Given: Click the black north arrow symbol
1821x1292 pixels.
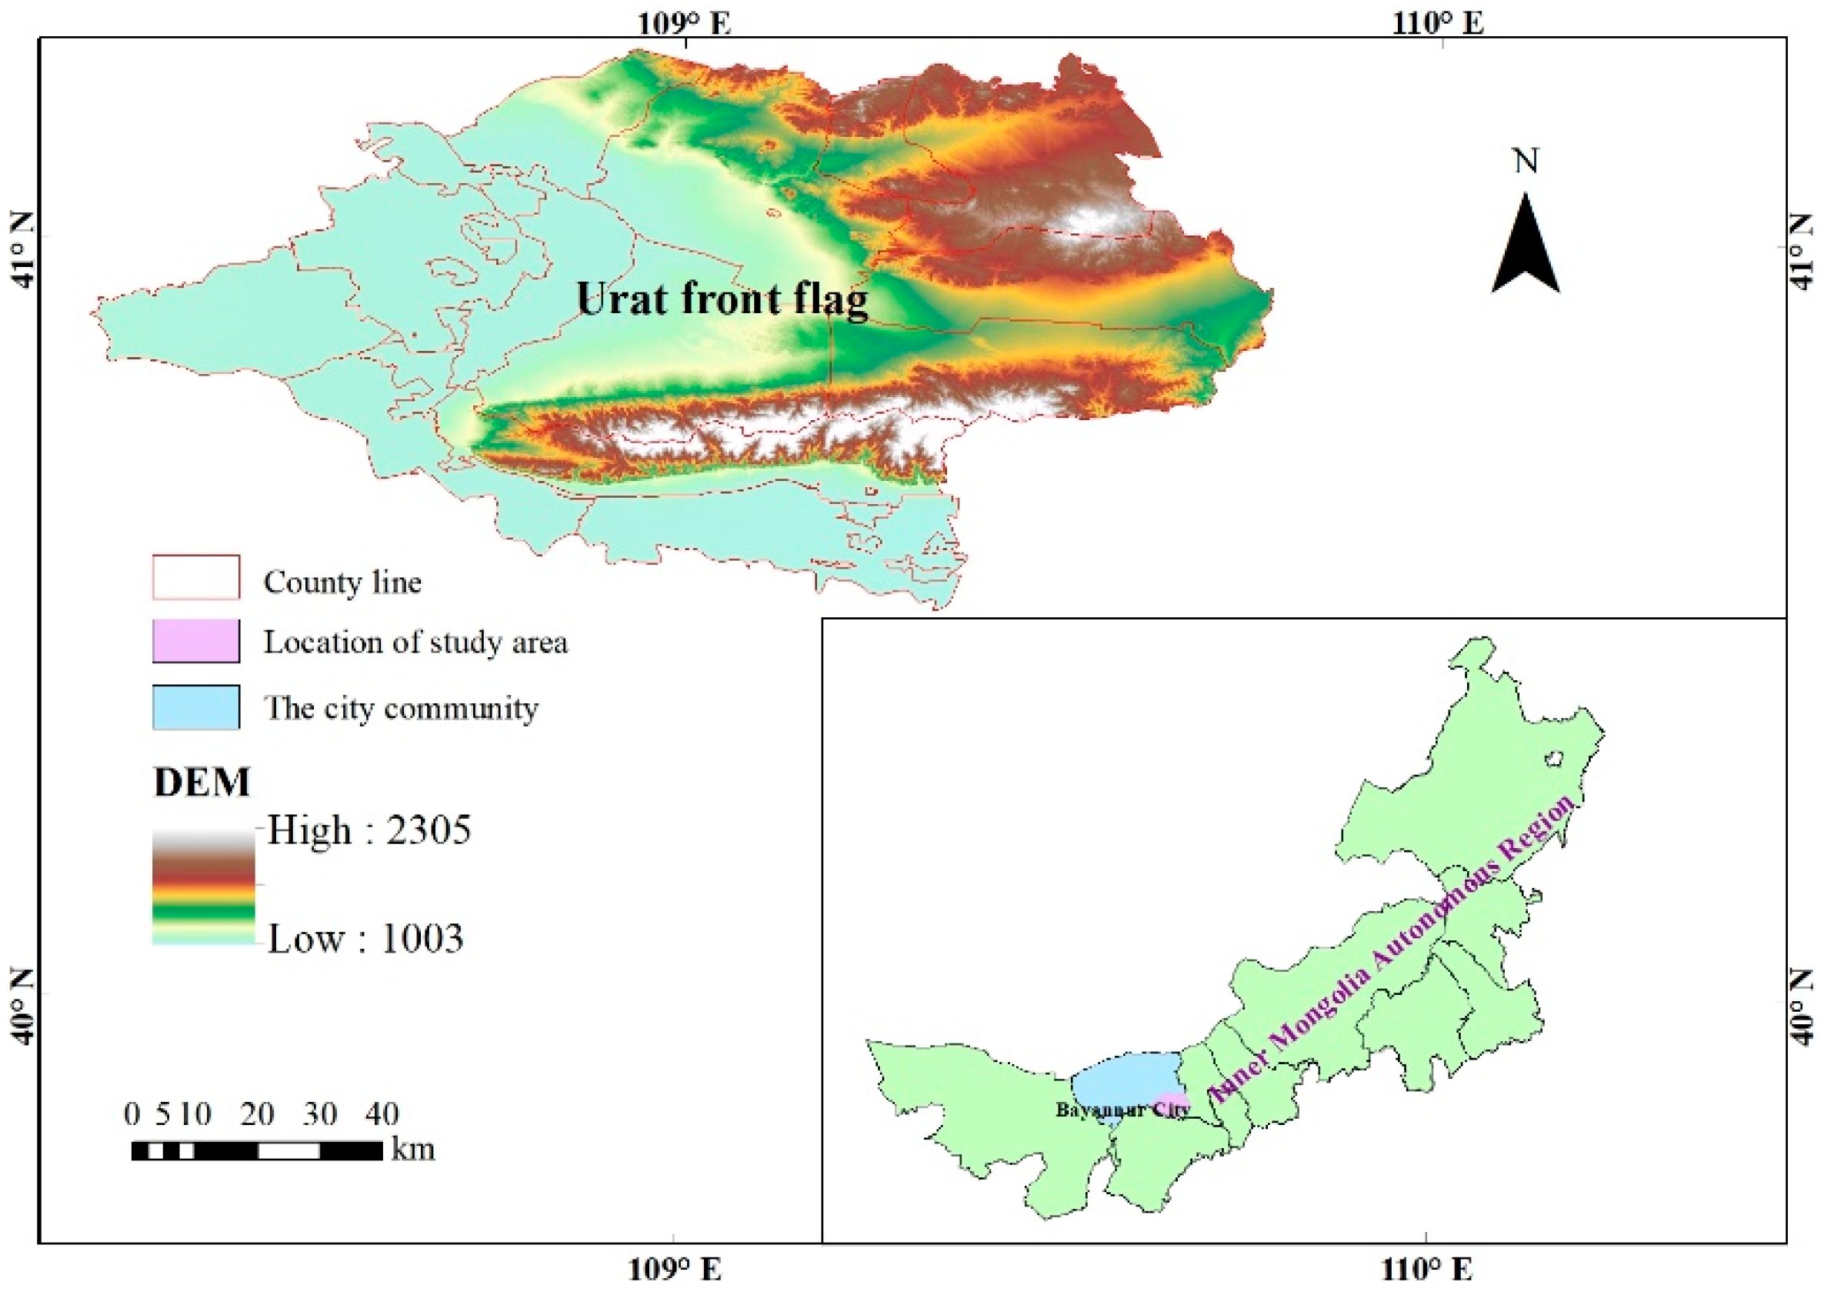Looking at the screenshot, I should point(1525,249).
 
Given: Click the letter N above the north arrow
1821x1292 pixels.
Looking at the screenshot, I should point(1525,162).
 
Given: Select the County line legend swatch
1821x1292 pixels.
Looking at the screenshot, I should point(195,578).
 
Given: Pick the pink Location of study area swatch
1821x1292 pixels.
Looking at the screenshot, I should point(195,641).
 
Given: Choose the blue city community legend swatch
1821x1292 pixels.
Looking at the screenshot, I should point(195,707).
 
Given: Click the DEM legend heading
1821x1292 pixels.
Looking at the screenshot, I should point(202,782).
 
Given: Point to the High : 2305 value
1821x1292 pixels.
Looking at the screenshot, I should point(369,830).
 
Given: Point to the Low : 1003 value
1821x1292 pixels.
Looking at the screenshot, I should point(365,939).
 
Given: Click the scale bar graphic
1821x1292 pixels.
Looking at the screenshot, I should point(256,1150).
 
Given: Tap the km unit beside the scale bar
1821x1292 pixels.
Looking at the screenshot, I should point(412,1150).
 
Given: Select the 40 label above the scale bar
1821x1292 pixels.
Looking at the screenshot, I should point(382,1113).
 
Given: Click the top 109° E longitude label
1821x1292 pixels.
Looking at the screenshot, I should point(684,23).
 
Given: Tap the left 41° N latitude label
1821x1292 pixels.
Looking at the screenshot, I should point(22,250).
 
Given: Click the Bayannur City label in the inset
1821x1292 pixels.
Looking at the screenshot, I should point(1122,1110).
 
